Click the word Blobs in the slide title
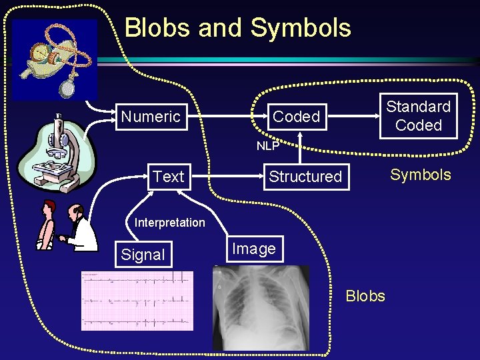point(157,28)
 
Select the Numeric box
point(151,117)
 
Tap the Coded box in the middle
point(296,117)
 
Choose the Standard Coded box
point(419,116)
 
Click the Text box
point(168,177)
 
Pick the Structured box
point(305,177)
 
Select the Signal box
point(143,254)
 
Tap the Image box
point(253,249)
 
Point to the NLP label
point(268,145)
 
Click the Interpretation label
point(169,223)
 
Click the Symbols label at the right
point(420,175)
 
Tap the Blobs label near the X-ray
point(365,296)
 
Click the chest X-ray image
point(261,307)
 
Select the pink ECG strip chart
point(137,301)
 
